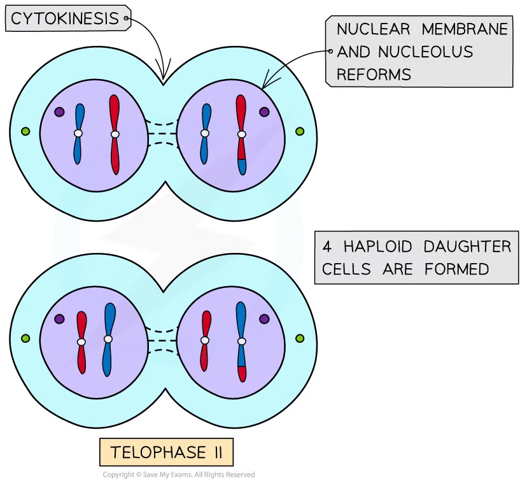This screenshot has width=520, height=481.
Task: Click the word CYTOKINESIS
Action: (65, 18)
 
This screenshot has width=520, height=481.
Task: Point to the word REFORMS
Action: (374, 75)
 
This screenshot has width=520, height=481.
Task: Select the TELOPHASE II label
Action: (166, 453)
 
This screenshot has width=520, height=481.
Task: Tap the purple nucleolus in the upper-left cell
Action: (59, 111)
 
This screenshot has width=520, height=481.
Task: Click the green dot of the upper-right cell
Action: (300, 132)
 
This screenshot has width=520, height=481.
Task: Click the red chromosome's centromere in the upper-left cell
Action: (115, 134)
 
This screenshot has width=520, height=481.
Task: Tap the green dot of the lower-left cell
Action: (25, 338)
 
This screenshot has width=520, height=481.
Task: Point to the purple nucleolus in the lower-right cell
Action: (264, 319)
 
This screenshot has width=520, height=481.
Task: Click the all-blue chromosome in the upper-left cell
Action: (78, 134)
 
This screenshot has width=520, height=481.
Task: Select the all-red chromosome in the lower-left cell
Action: (81, 342)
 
